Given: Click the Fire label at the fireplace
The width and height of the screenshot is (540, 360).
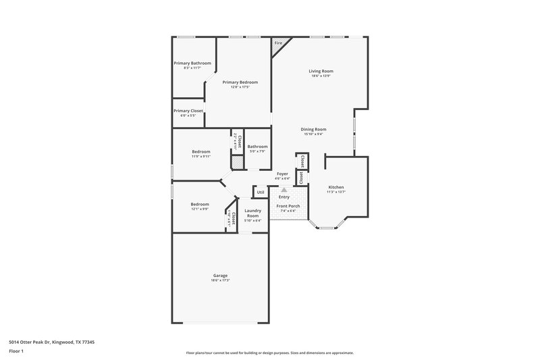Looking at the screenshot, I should pos(277,44).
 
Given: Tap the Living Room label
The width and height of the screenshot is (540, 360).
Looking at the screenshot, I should pos(321,71).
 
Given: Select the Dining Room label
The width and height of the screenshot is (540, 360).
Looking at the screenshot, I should pos(314,129).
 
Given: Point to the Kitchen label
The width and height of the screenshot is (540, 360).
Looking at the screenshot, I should pos(336,187).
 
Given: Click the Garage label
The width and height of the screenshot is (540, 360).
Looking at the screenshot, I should pos(220,275).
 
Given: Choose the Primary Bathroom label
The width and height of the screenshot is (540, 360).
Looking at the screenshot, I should pos(192,63).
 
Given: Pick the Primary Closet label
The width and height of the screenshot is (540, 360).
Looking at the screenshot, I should pos(188,111).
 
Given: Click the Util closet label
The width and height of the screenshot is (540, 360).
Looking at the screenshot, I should pos(260,192).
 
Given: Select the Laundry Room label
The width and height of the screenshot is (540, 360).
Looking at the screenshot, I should pos(252,213).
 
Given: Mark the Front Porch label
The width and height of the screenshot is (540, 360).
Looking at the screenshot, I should pos(289,206).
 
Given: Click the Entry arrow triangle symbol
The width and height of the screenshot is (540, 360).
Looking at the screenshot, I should pos(284,190).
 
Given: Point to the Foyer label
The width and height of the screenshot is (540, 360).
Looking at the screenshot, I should pos(282,174).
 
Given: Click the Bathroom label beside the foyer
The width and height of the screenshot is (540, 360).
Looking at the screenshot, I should pos(257,147).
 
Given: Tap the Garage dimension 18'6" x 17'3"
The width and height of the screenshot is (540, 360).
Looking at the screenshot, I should pos(220,280).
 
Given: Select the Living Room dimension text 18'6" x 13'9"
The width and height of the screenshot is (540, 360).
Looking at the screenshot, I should pos(321,76).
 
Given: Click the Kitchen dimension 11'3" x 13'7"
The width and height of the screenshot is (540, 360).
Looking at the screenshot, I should pos(336,192).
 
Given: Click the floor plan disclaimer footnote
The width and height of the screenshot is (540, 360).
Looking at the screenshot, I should pos(270,353).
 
